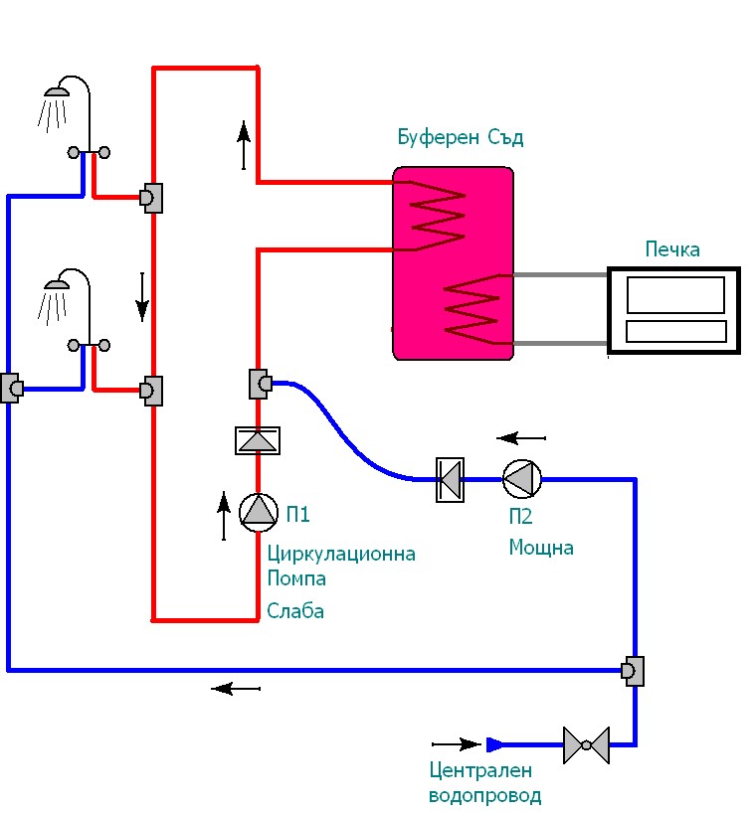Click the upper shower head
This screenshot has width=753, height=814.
pos(56,92)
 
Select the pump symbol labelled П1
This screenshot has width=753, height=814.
pos(258,510)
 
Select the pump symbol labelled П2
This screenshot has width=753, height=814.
pos(521,479)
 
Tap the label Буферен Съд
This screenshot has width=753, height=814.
pos(460,138)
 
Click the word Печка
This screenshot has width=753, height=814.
pos(672,248)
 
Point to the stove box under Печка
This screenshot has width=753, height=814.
pos(674,309)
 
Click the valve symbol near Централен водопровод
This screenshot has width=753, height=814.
pos(586,744)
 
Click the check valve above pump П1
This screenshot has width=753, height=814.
pos(258,439)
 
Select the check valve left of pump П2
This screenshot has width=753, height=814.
pos(451,479)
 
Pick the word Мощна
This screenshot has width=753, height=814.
pos(541,548)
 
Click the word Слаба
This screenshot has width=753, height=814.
pos(295,611)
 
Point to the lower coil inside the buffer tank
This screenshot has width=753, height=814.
pos(471,307)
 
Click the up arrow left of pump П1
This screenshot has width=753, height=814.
pos(223,516)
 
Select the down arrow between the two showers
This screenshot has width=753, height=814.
pos(142,297)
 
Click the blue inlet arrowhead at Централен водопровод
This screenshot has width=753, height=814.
pos(495,743)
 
